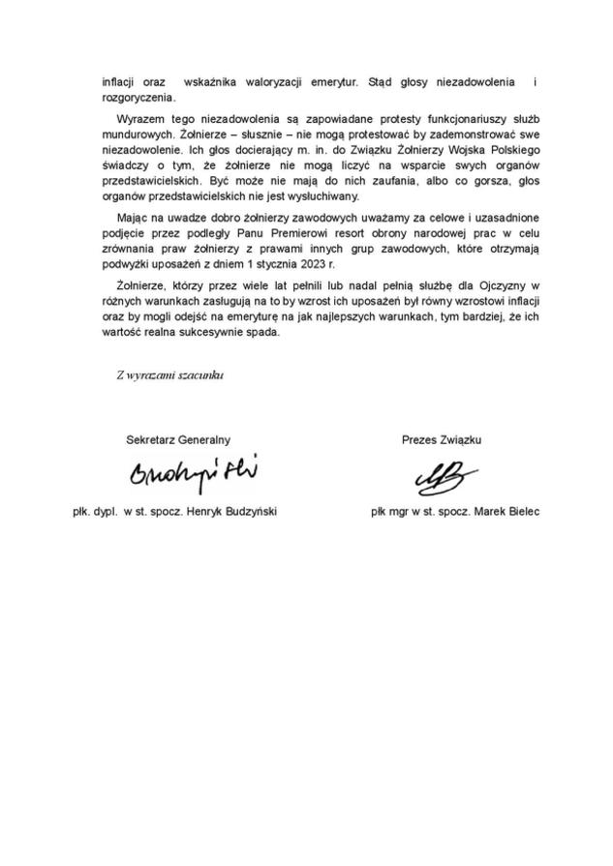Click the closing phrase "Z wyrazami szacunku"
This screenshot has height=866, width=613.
click(169, 376)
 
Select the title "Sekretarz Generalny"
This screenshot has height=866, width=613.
click(178, 439)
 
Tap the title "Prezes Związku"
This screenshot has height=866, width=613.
click(442, 439)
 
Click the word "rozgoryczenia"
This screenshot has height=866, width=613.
click(138, 97)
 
